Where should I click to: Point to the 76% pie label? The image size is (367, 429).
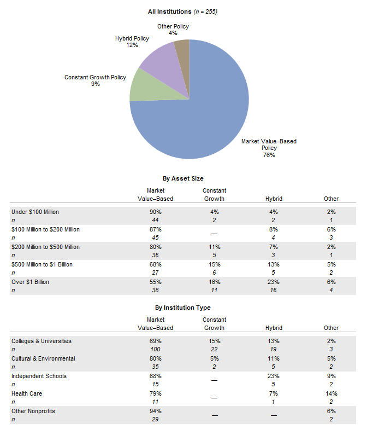coord(269,155)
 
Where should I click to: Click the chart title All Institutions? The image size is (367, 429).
coord(169,11)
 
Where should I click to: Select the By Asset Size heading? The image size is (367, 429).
coord(183,178)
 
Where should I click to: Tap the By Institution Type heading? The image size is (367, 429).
coord(182,308)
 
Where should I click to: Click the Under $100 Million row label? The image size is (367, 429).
coord(35,212)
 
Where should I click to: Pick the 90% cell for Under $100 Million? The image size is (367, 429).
coord(155,212)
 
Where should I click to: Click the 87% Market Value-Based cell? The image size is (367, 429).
coord(155,229)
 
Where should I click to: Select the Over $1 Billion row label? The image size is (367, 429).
coord(31,282)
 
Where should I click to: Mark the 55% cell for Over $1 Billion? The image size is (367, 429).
coord(155,282)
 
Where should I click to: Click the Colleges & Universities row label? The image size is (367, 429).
coord(42,341)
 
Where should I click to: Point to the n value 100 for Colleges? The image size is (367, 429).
coord(155,349)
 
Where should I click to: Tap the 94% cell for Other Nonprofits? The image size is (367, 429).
coord(155,411)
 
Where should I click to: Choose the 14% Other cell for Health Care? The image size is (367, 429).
coord(331,393)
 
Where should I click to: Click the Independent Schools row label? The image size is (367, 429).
coord(39,376)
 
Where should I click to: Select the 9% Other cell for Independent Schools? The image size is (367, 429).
coord(331,376)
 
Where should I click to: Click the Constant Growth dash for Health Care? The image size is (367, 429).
coord(214,398)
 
